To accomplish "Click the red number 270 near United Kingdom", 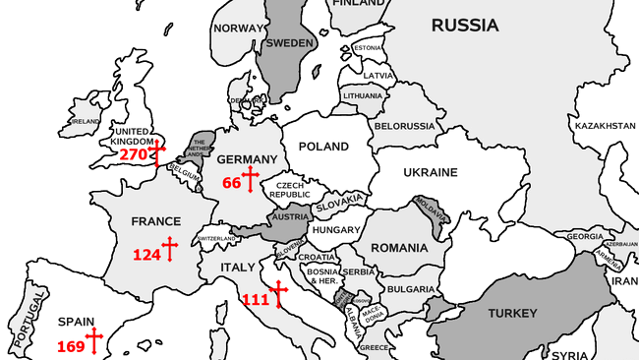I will (133, 155).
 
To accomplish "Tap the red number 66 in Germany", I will (232, 183).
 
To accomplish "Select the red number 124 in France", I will (146, 255).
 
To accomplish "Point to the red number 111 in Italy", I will (255, 299).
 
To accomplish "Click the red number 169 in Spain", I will (71, 346).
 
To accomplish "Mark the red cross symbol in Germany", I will (250, 179).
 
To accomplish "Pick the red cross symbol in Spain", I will (94, 341).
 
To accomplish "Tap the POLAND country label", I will (323, 147).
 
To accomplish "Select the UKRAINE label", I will (430, 172).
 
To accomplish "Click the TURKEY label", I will (513, 314).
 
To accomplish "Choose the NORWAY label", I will (240, 29).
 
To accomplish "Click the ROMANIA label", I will (400, 247).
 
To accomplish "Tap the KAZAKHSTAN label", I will (605, 126).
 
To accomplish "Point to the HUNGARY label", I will (336, 230).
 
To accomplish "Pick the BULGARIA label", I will (409, 289).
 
